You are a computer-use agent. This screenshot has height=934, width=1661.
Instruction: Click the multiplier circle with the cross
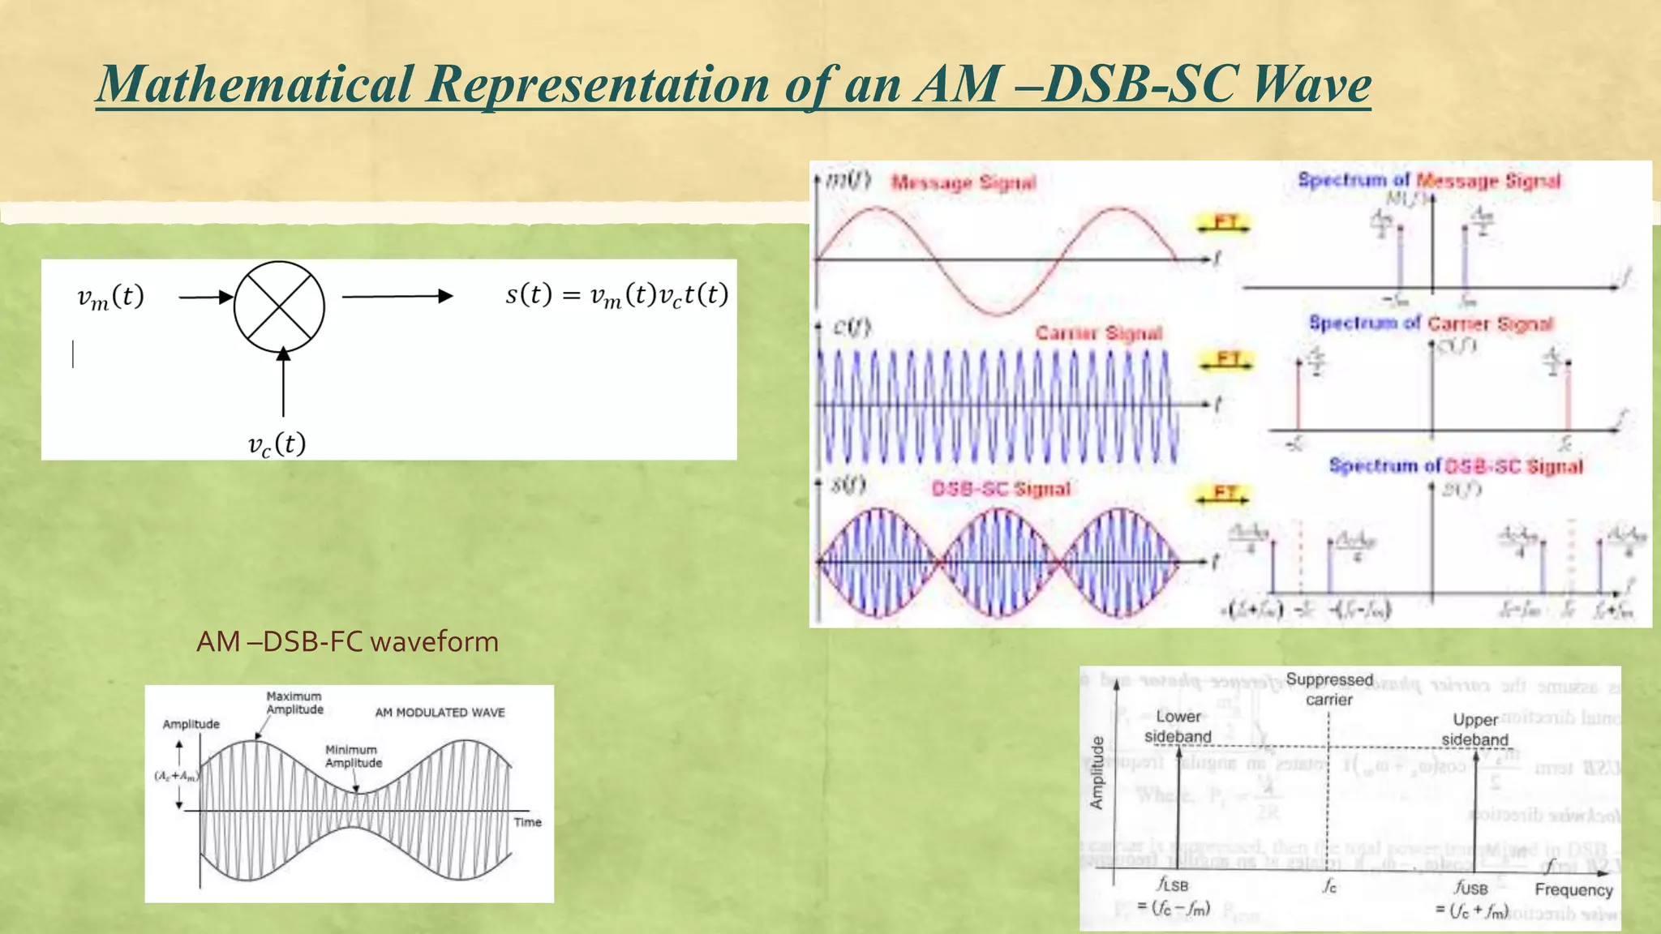[279, 306]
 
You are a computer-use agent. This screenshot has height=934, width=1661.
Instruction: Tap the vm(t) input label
[110, 297]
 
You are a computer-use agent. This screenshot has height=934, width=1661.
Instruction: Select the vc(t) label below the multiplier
[277, 444]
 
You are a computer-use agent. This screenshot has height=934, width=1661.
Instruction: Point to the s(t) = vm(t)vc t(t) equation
[616, 294]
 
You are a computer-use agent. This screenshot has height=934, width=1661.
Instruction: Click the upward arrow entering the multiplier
[283, 381]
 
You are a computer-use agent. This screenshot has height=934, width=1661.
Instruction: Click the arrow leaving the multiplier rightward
[397, 297]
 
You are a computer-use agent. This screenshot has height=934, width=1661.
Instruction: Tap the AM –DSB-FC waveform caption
[347, 642]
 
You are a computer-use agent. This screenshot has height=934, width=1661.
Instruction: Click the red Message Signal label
[964, 182]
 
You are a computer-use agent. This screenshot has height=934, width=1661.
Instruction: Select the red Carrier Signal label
[1098, 333]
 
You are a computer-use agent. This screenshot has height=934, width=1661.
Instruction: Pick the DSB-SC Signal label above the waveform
[1001, 489]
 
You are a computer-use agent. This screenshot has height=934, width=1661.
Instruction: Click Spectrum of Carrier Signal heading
[1431, 323]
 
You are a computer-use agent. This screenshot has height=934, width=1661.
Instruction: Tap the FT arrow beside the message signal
[1225, 223]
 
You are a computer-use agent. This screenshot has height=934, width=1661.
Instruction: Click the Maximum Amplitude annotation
[294, 703]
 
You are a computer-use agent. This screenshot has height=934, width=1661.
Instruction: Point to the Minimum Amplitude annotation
[353, 756]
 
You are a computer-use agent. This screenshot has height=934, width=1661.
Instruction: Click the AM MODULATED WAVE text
[440, 713]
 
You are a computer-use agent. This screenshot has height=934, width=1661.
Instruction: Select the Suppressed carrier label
[1329, 689]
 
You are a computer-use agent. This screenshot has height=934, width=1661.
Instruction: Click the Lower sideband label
[1178, 726]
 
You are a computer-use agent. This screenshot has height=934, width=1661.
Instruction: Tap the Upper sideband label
[1474, 730]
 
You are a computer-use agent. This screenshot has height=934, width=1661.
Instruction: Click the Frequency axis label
[1573, 890]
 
